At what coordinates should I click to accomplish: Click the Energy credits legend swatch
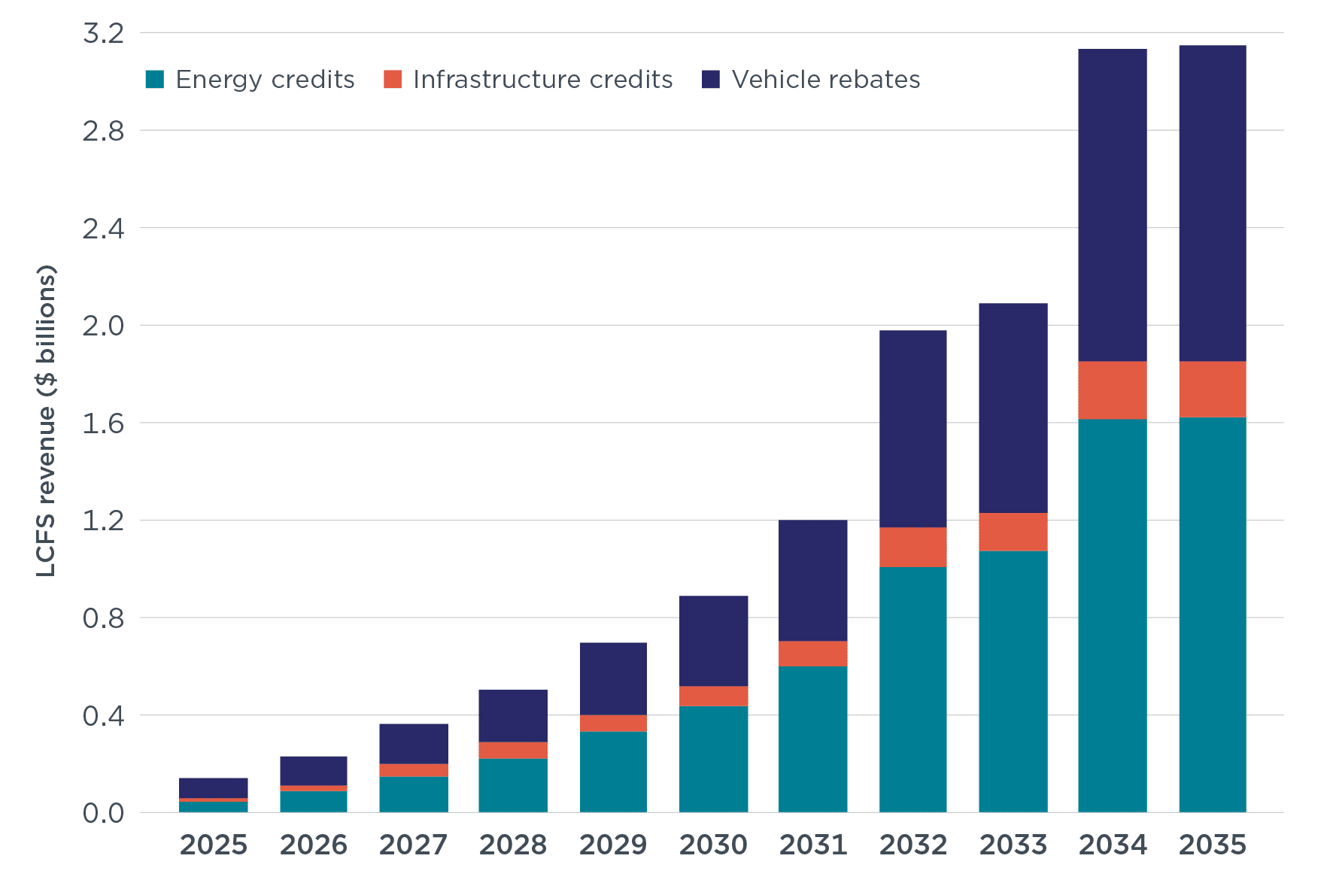155,79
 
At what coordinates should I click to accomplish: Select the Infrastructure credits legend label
542,79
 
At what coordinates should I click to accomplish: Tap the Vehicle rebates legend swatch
710,79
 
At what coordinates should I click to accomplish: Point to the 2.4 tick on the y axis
103,229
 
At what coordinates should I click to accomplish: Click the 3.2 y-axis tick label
103,34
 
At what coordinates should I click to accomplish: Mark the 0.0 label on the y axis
103,813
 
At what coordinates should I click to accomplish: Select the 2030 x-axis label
713,845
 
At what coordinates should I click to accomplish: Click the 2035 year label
1213,845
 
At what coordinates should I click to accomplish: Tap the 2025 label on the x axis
214,845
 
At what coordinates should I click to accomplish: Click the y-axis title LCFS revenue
47,421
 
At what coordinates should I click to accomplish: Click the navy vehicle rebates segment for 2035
1213,203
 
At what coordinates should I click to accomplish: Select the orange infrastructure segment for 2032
913,547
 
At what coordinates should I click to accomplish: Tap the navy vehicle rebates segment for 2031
813,580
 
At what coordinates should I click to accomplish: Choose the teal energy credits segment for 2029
613,772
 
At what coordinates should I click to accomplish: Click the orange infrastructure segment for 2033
1013,532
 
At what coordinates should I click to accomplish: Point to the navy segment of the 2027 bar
414,743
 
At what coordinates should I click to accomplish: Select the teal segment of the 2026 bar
314,801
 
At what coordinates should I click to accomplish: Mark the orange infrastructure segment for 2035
1213,389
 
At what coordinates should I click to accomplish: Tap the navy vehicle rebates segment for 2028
513,715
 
